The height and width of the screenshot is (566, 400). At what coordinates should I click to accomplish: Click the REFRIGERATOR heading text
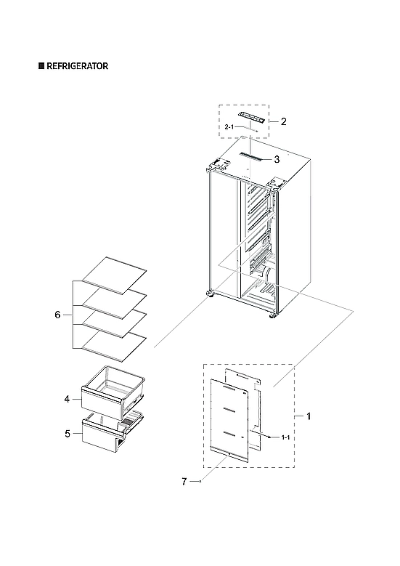coord(78,65)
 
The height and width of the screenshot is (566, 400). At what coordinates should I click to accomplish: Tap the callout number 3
coord(276,158)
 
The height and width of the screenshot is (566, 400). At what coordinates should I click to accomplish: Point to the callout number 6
coord(57,315)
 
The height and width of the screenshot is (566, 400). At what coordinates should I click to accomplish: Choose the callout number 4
coord(66,399)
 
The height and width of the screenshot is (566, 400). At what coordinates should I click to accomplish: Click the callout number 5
coord(66,434)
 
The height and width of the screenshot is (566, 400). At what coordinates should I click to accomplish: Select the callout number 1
coord(309,416)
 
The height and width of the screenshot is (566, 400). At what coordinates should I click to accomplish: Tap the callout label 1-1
coord(285,438)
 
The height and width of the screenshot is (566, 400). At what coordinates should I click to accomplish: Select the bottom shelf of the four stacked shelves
coord(114,341)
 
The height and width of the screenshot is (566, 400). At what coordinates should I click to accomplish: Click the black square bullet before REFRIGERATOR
coord(41,65)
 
